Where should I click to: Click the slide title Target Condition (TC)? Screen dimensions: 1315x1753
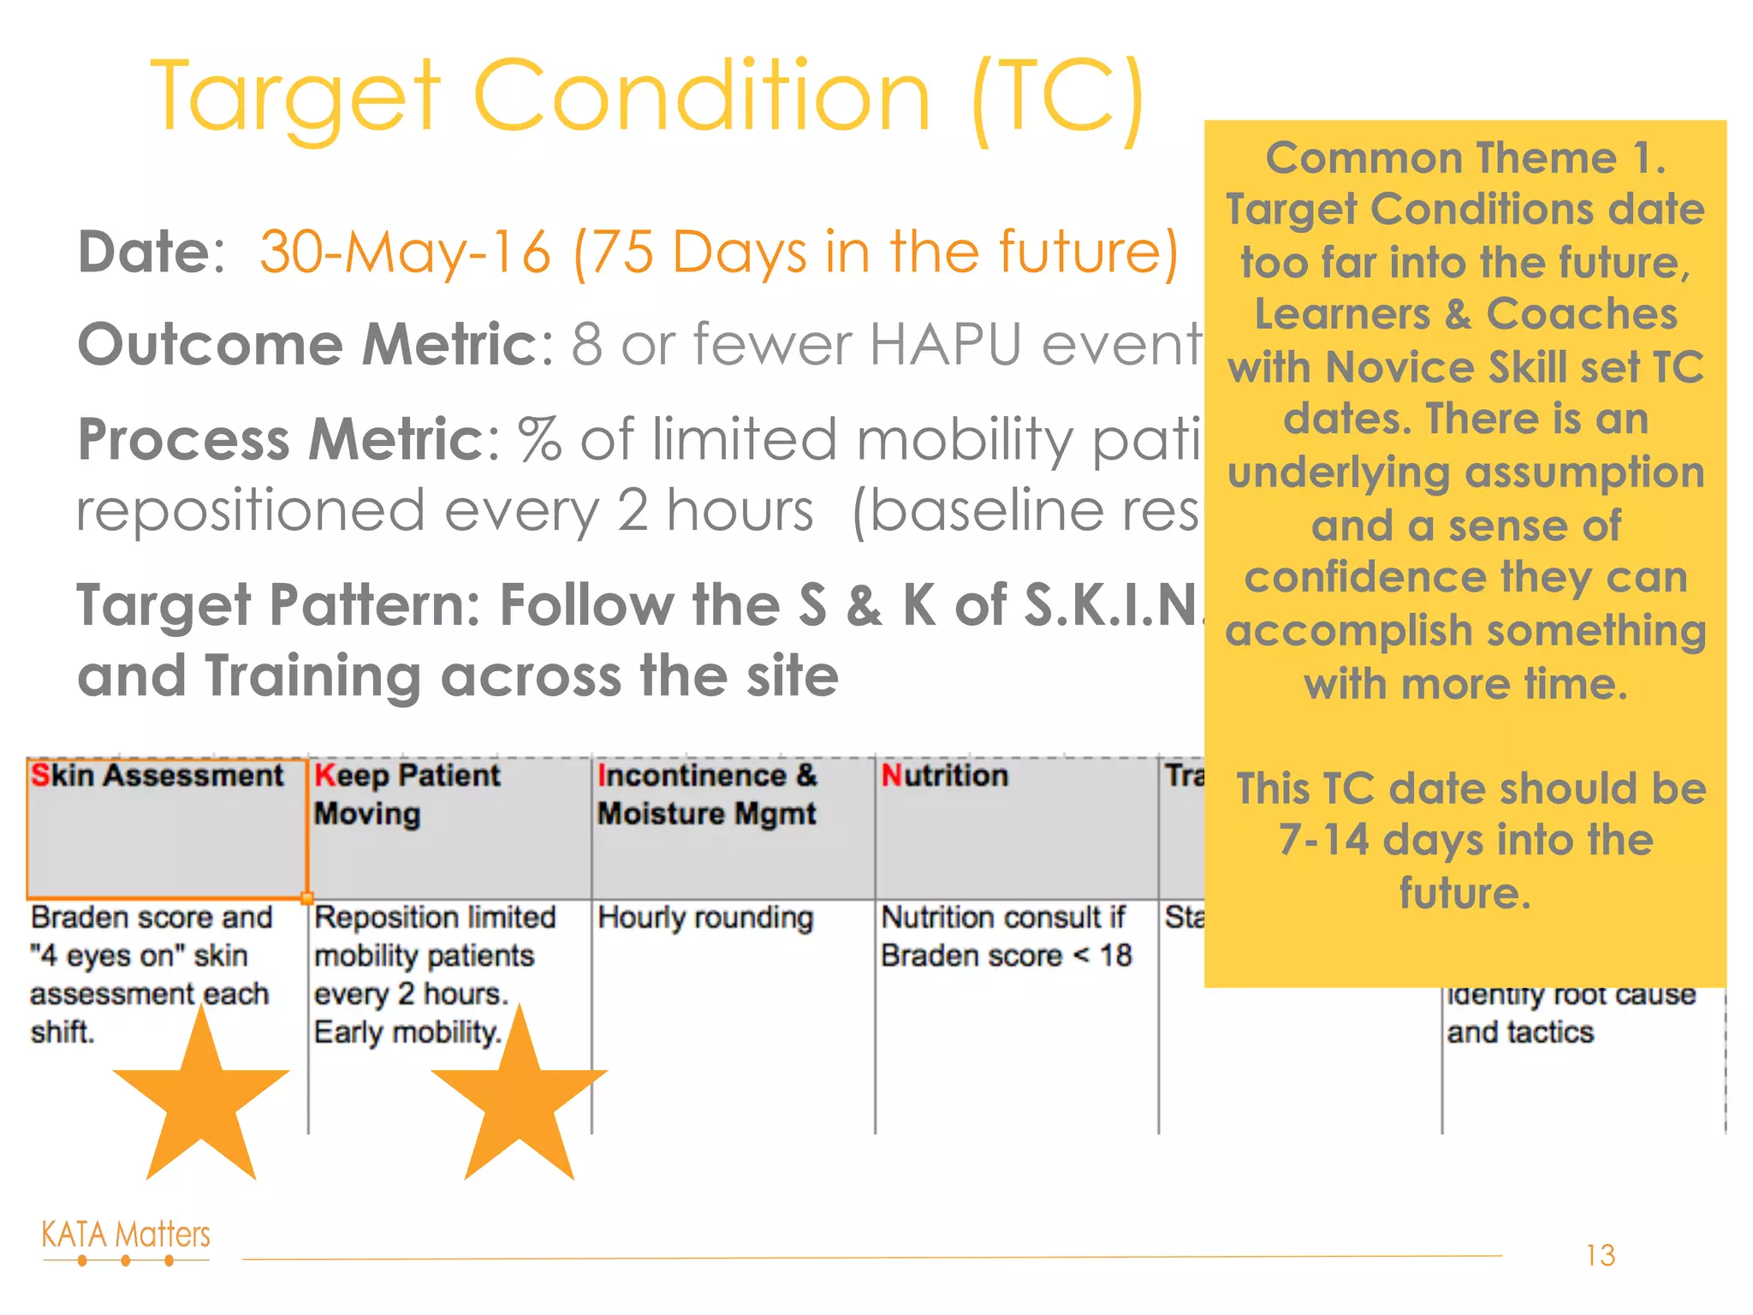pos(648,96)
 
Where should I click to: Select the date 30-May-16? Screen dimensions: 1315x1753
pos(405,253)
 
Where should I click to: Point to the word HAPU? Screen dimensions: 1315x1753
pos(946,344)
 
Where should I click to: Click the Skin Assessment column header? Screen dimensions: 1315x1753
pos(157,776)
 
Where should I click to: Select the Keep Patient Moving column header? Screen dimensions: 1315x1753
pos(407,794)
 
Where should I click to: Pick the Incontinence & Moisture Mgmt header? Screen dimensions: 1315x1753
pos(707,794)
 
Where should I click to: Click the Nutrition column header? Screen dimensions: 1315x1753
pos(945,776)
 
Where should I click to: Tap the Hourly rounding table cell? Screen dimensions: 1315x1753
pos(705,918)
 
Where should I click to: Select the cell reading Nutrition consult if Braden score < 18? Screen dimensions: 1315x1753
pos(1006,936)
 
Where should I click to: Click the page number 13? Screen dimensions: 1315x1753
pos(1600,1255)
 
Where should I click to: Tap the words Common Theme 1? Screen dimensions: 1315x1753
pos(1465,158)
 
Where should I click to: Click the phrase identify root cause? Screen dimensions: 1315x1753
pos(1571,995)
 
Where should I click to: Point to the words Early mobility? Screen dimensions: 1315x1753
pos(407,1032)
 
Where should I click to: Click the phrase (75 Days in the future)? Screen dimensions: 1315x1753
pos(876,253)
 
